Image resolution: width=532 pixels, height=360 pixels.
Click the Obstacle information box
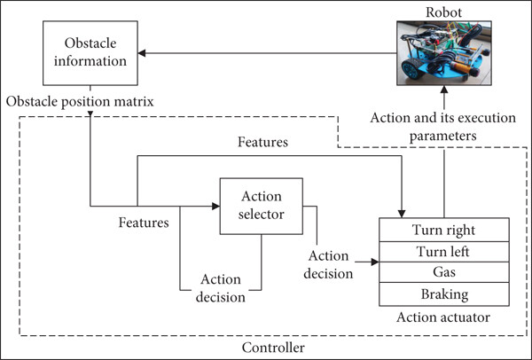click(x=90, y=53)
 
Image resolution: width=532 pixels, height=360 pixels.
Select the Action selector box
click(x=262, y=206)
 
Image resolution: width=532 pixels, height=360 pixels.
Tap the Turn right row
click(x=444, y=230)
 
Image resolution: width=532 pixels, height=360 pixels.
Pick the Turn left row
click(x=444, y=252)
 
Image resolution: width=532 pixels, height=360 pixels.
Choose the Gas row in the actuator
click(x=444, y=272)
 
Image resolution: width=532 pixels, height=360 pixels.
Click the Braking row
click(x=444, y=294)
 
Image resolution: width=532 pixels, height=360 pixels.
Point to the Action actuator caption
click(x=443, y=317)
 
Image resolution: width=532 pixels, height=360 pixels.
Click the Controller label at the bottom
click(x=273, y=348)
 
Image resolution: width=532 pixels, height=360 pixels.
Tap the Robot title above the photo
click(x=443, y=12)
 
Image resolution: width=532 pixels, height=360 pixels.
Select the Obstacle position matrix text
click(x=80, y=102)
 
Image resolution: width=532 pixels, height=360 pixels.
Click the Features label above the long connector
click(x=262, y=142)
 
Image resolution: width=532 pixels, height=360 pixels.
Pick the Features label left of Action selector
click(x=144, y=223)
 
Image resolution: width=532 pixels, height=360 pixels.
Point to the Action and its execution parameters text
click(x=442, y=127)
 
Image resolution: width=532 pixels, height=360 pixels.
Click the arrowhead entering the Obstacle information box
click(x=142, y=53)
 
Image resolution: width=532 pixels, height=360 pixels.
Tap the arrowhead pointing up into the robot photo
click(x=444, y=90)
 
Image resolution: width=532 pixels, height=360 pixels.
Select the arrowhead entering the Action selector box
click(x=215, y=206)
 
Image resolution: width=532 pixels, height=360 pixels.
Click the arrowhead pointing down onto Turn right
click(x=402, y=214)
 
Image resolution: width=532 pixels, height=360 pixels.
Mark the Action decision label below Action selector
click(x=221, y=288)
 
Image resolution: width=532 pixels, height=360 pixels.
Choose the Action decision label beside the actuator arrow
click(x=328, y=264)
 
